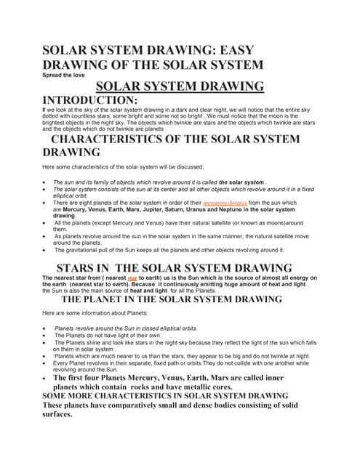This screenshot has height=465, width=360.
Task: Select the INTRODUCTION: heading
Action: click(x=90, y=100)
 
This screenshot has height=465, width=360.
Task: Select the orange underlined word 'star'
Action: click(x=132, y=278)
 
